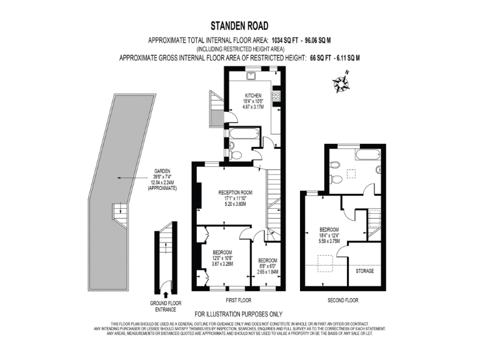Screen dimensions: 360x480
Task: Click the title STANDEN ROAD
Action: [239, 26]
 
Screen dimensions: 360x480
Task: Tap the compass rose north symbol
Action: [340, 81]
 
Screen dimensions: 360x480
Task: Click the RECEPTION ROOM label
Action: [234, 192]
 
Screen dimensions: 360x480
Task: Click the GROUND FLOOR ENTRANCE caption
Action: [166, 306]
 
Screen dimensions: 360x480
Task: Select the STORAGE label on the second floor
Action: [364, 272]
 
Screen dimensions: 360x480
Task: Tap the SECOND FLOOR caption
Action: [342, 300]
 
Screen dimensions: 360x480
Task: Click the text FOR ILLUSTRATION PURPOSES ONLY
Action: [239, 314]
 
